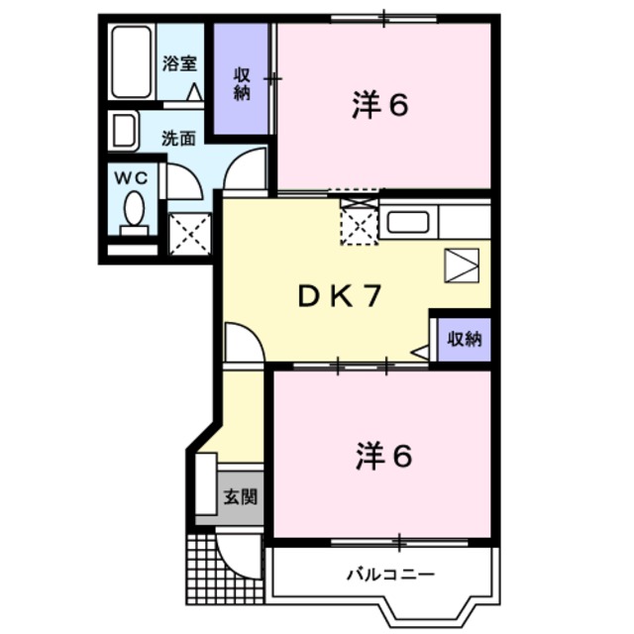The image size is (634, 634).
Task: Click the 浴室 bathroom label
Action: coord(179,63)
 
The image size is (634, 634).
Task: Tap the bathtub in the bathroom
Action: coord(131,61)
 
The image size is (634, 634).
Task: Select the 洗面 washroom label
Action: coord(178,139)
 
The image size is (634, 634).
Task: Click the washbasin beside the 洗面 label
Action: coord(124,131)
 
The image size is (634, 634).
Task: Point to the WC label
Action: coord(131,178)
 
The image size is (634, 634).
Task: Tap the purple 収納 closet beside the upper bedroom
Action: coord(241,79)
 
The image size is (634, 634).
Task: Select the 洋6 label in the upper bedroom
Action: coord(380,105)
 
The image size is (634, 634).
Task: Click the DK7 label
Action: coord(340,296)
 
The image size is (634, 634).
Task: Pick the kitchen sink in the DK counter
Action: coord(408,222)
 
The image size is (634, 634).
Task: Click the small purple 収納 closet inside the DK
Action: coord(465,339)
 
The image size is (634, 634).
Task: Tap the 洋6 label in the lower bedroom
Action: coord(383,456)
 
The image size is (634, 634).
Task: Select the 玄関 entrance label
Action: coord(241,496)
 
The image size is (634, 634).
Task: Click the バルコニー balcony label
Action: coord(390,575)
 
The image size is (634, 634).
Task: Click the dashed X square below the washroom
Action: coord(190,234)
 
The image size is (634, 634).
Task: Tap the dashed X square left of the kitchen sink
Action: coord(360,222)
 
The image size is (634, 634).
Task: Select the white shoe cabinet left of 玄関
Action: coord(206,484)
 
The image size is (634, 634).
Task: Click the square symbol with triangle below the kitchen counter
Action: coord(462,265)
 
